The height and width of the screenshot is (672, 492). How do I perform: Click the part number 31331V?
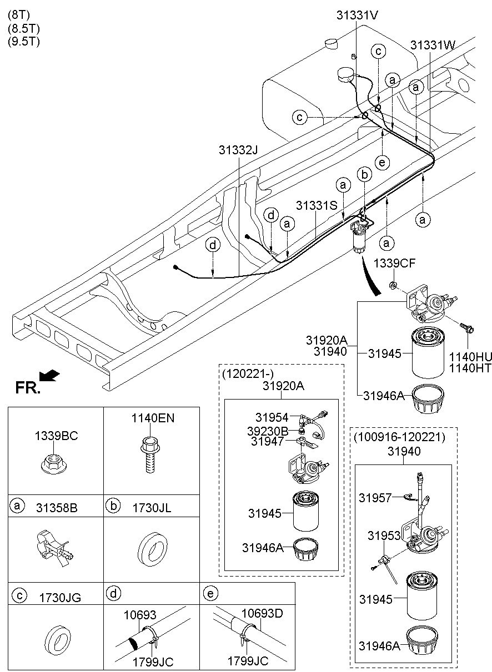[357, 16]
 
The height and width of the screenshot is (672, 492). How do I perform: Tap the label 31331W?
[433, 44]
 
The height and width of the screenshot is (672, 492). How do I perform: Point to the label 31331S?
[317, 205]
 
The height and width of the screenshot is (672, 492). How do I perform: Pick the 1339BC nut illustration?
[56, 464]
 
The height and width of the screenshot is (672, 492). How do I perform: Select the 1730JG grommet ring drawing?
[56, 638]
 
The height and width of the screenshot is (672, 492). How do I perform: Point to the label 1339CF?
[394, 262]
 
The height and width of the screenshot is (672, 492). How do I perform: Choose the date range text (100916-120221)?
[399, 437]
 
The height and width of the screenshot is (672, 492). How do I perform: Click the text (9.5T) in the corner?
[24, 41]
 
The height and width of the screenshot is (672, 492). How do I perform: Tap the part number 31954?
[272, 417]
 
